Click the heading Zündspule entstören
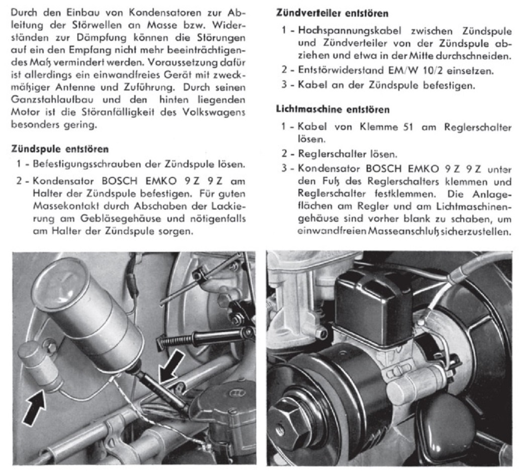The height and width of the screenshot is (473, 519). (x=60, y=149)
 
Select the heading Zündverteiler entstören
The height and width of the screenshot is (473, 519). (x=332, y=14)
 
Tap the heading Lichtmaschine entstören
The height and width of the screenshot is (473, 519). (x=333, y=109)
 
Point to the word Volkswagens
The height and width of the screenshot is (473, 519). (x=214, y=112)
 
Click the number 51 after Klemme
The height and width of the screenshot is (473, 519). (x=407, y=127)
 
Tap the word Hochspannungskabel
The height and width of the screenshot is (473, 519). (x=350, y=31)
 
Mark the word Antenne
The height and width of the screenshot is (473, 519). (x=75, y=87)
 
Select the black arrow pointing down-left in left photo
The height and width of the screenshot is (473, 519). (x=172, y=366)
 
